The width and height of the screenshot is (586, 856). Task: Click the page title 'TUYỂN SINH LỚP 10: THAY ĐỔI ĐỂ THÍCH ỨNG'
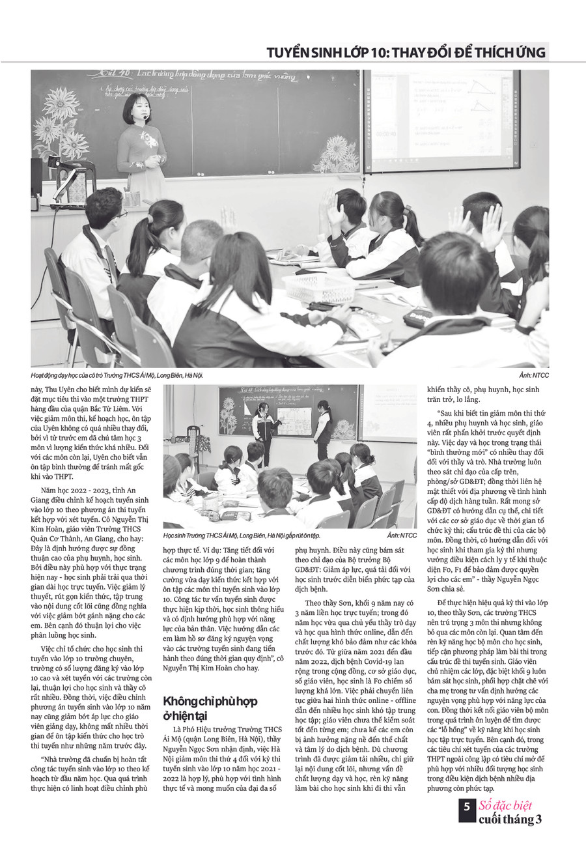coord(406,52)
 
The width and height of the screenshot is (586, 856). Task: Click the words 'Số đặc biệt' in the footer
coord(510,805)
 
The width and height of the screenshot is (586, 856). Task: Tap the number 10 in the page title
coord(376,52)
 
